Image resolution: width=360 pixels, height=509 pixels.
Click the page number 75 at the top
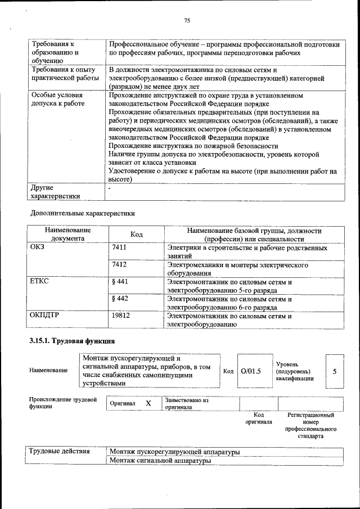point(187,21)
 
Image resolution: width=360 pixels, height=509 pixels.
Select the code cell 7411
point(119,247)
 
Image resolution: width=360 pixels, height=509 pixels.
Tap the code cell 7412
point(119,264)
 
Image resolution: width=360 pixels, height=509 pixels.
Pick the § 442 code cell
point(120,299)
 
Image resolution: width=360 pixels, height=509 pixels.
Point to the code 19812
point(121,316)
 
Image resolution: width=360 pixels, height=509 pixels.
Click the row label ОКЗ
point(37,247)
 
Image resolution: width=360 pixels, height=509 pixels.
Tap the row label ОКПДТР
point(44,316)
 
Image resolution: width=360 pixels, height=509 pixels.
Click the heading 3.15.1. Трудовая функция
point(72,341)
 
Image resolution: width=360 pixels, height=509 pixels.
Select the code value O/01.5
point(251,371)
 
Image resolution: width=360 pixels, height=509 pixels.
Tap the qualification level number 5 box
point(335,371)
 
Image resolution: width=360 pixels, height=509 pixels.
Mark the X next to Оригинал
point(148,404)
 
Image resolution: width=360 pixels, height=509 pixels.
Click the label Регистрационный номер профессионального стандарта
point(310,425)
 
